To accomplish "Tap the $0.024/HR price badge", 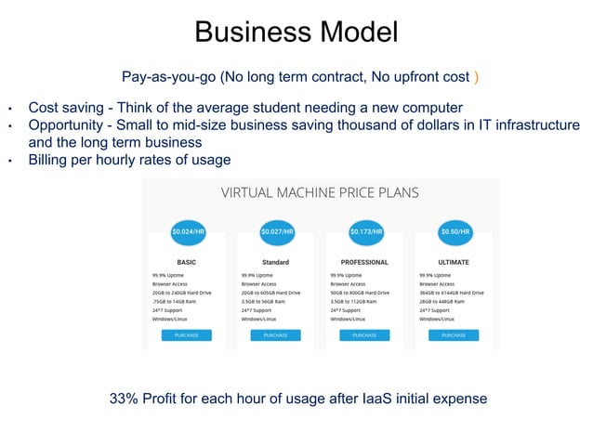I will point(188,231).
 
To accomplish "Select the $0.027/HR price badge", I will point(277,231).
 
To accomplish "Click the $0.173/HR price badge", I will point(366,231).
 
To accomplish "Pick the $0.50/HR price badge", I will point(455,231).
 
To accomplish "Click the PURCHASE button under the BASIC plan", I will point(186,334).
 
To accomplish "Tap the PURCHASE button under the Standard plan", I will point(275,334).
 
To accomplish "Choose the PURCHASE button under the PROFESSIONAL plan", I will point(364,334).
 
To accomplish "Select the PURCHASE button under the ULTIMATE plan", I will point(454,334).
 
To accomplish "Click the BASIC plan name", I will point(186,262).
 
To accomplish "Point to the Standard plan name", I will point(275,262).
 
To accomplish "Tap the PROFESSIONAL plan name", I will point(364,262).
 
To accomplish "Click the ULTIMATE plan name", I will point(454,262).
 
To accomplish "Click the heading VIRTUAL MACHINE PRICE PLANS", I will point(319,193).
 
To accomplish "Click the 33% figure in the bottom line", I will point(124,399).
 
